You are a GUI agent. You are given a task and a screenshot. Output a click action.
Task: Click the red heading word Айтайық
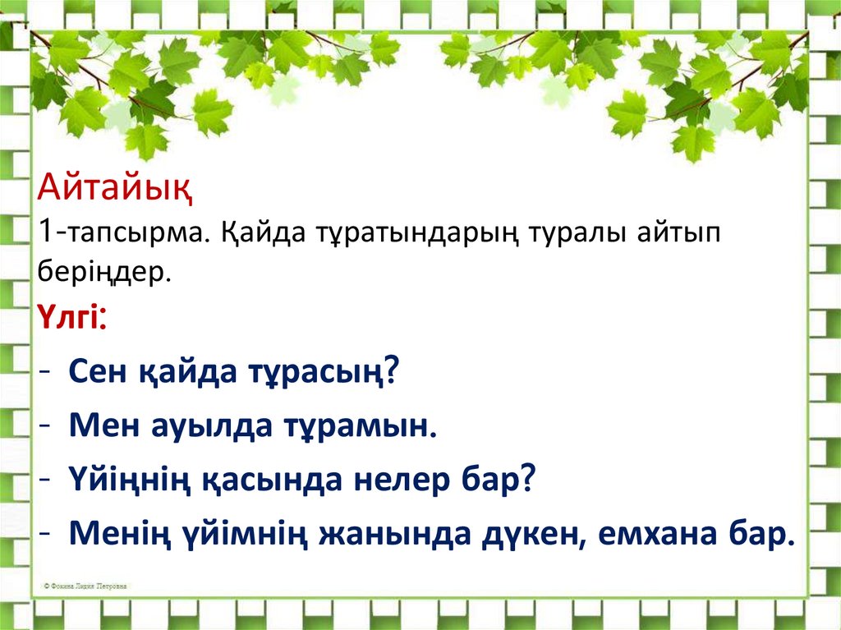click(x=115, y=195)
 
